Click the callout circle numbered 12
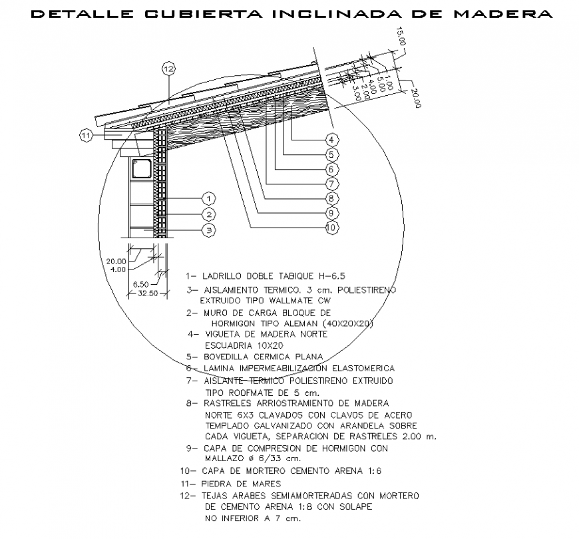pos(168,69)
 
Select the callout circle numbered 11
pos(86,136)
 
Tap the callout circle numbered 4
pos(331,139)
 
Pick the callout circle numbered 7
pos(331,183)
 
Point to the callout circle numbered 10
pos(331,228)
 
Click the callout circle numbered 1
pos(209,198)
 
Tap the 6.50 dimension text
pos(141,284)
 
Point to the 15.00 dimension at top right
pos(401,37)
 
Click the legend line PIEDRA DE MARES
pos(241,484)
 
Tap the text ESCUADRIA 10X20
pos(238,345)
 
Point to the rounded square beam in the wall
pos(142,168)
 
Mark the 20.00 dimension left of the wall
pos(116,262)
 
